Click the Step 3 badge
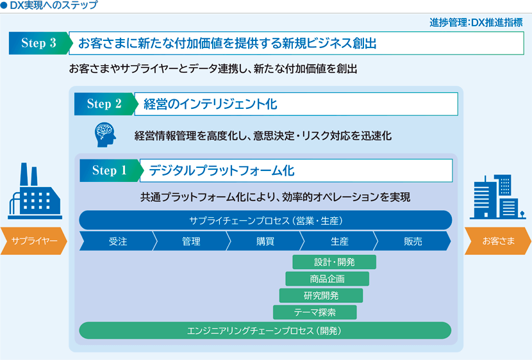[x=40, y=43]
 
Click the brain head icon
[x=105, y=135]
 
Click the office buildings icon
[x=498, y=197]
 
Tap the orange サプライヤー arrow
[x=33, y=241]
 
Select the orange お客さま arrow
[x=498, y=241]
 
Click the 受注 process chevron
[x=118, y=241]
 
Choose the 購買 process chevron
[x=265, y=241]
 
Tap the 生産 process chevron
[x=339, y=241]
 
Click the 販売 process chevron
[x=413, y=241]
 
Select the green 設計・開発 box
[x=334, y=262]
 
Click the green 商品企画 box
[x=327, y=279]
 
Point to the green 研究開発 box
[x=321, y=295]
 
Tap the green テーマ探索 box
[x=315, y=312]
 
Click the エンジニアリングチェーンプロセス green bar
[x=265, y=331]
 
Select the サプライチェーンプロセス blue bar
[x=265, y=220]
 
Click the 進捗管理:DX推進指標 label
[x=476, y=22]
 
